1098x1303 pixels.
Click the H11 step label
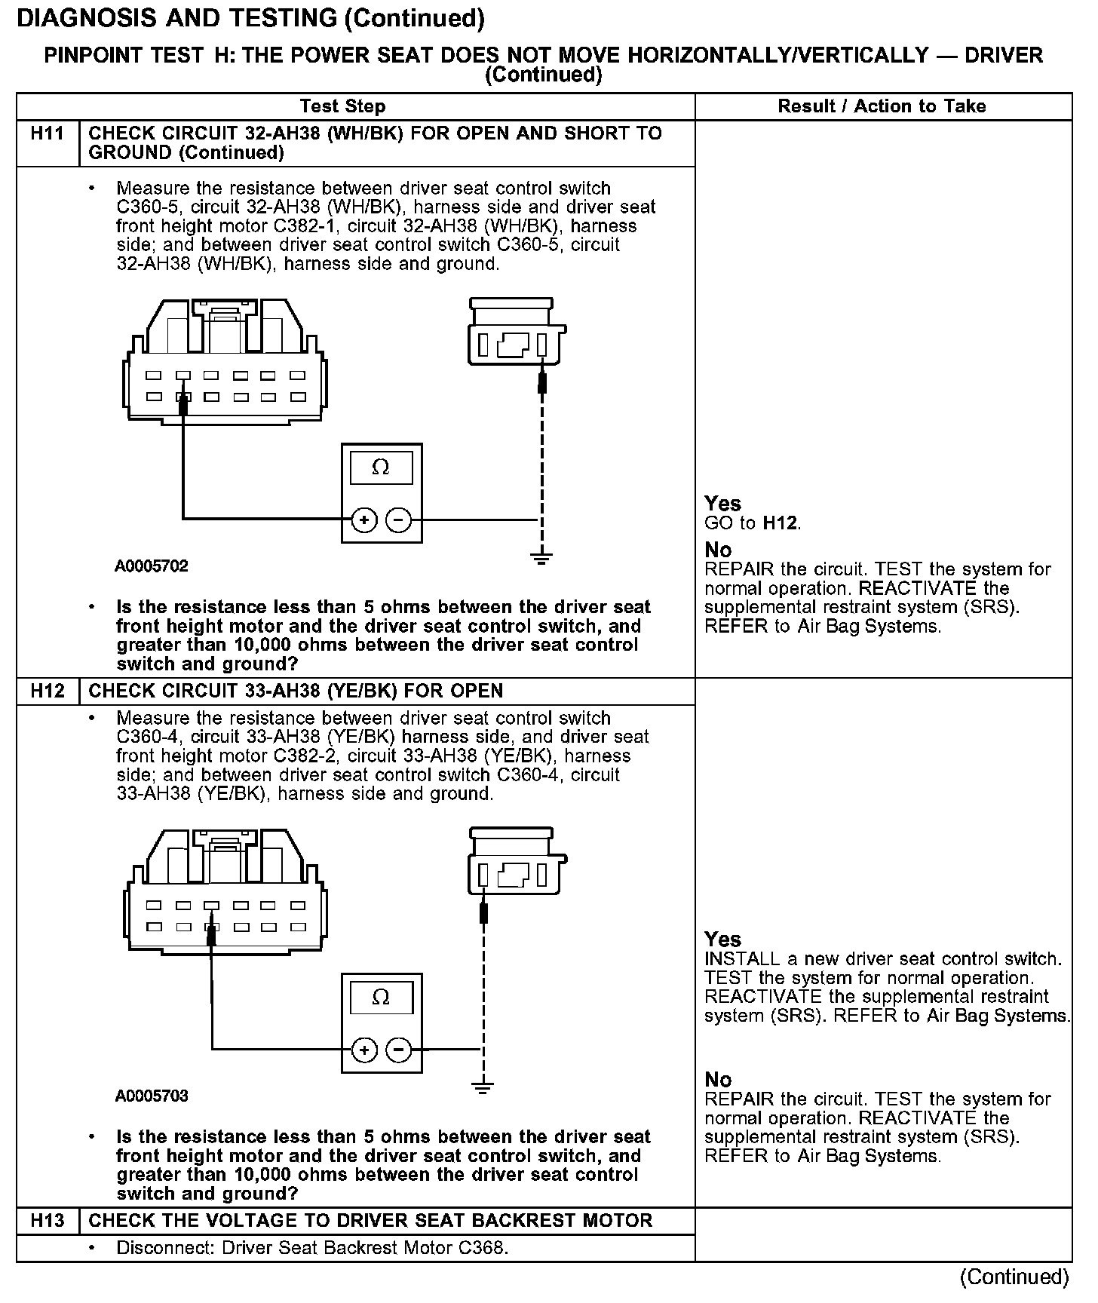point(47,134)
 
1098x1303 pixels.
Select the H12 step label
point(47,691)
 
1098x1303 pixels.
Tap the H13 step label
point(47,1221)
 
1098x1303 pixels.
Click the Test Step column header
point(342,106)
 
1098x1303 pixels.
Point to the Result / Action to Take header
point(882,106)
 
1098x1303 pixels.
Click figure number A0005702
point(152,566)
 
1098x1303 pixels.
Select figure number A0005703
point(152,1096)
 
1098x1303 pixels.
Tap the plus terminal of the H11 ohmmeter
point(364,520)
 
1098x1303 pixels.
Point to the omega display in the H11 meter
point(381,468)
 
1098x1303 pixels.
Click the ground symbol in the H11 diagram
point(541,558)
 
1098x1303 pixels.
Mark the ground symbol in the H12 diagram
point(483,1087)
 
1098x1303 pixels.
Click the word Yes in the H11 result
point(722,504)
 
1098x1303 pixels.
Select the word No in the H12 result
point(718,1080)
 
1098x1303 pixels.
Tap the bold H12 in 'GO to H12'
point(781,523)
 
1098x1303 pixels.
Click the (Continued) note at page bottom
point(1014,1277)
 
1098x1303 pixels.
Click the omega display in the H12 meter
point(381,998)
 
